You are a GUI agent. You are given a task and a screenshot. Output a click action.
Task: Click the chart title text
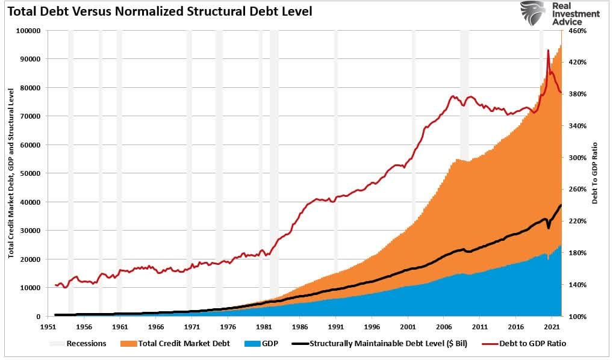(160, 11)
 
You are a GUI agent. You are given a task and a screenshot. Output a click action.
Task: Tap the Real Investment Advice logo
(559, 14)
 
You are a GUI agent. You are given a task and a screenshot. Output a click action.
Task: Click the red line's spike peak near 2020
(548, 51)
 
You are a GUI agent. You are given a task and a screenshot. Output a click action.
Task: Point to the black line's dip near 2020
(549, 228)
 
